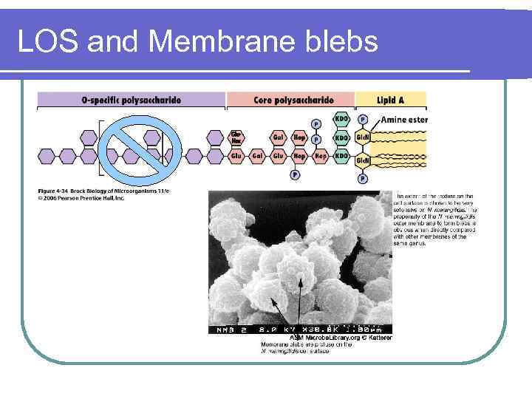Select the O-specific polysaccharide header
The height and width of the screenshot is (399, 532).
click(x=131, y=100)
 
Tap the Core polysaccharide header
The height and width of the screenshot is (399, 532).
click(x=293, y=100)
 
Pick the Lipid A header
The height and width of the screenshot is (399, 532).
click(x=391, y=100)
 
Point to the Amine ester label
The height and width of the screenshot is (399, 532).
click(x=404, y=120)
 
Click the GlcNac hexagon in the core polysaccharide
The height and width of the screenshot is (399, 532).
click(x=236, y=137)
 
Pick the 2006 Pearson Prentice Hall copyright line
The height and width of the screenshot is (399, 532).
click(x=81, y=198)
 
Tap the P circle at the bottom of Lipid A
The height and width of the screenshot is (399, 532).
click(x=363, y=178)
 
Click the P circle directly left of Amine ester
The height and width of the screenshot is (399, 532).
click(x=363, y=119)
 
